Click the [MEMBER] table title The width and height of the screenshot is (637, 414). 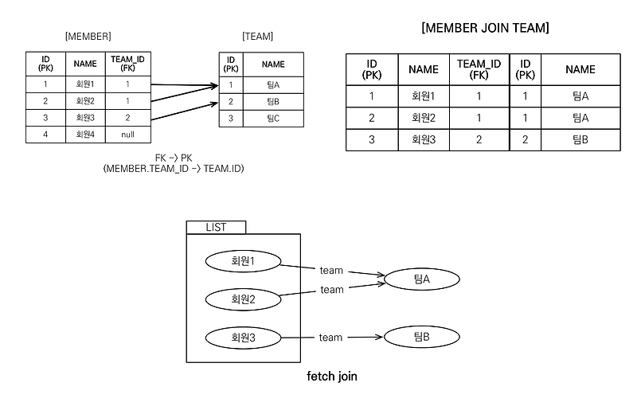(x=88, y=37)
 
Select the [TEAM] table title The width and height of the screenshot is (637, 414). (x=257, y=37)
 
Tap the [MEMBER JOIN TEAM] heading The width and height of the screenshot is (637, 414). (x=485, y=28)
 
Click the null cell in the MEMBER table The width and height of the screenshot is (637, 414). (x=128, y=135)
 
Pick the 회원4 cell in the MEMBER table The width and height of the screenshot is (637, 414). (x=85, y=135)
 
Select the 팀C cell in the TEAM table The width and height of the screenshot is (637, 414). (x=273, y=119)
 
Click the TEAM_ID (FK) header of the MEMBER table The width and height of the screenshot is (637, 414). (x=128, y=64)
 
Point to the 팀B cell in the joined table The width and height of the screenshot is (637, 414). (x=580, y=140)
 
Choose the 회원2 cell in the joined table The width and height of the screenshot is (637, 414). (x=424, y=118)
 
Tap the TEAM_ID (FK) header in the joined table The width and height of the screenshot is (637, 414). (x=479, y=69)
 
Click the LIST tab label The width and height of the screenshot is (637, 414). (x=216, y=228)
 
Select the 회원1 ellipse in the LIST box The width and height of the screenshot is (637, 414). (x=243, y=261)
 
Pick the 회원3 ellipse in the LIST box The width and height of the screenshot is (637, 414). (x=243, y=338)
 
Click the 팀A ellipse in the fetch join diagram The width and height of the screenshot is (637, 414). (x=422, y=279)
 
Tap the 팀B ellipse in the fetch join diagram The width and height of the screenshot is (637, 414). (x=422, y=337)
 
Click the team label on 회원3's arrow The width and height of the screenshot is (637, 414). (x=330, y=338)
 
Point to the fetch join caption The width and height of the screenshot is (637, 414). (x=332, y=377)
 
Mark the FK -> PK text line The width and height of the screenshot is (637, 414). (x=174, y=158)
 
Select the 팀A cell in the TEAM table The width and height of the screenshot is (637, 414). (x=273, y=85)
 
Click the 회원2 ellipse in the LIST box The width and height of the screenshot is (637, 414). (x=243, y=299)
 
